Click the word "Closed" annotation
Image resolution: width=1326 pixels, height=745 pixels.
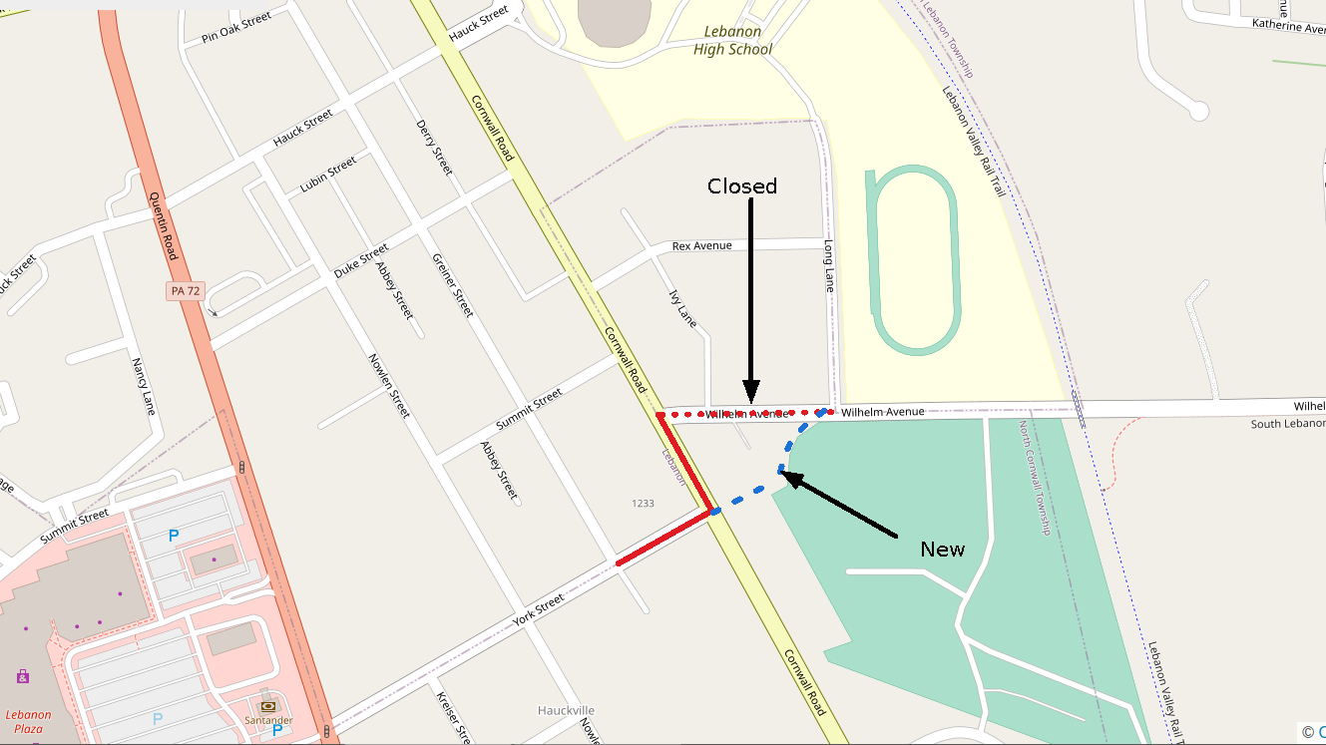[x=741, y=186]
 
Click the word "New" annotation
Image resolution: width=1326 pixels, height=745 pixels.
[x=942, y=550]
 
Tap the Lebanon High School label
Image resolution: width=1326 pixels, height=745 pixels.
[x=732, y=40]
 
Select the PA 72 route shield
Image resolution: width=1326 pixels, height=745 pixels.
[x=185, y=290]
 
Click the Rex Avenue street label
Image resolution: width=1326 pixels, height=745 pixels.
[x=701, y=245]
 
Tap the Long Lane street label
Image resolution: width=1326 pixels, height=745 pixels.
[x=828, y=265]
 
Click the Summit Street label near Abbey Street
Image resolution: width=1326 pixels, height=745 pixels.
[x=530, y=408]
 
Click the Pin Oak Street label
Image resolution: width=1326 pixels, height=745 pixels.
[x=236, y=29]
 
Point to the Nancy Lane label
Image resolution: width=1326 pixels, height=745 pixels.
[x=144, y=386]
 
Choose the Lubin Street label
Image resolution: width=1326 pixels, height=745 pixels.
[x=328, y=175]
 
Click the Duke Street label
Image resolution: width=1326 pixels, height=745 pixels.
[x=361, y=261]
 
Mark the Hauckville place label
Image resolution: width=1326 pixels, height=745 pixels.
[x=566, y=710]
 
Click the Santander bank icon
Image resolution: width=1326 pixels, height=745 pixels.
[x=267, y=706]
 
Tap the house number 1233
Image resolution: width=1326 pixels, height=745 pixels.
[x=643, y=504]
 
